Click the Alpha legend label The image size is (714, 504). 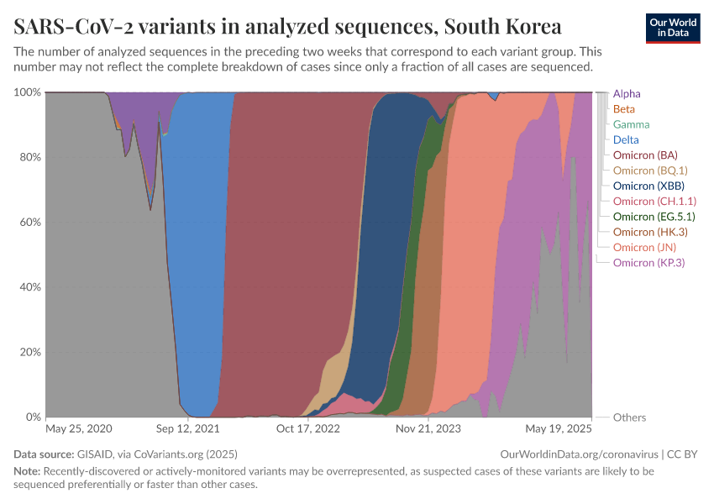click(627, 94)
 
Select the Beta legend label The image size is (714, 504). click(624, 109)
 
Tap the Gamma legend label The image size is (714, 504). click(631, 124)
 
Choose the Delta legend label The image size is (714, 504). click(626, 139)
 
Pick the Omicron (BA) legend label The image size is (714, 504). click(645, 155)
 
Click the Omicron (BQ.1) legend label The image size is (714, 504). click(649, 171)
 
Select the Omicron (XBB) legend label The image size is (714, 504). click(647, 186)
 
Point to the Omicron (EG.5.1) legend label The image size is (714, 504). click(654, 217)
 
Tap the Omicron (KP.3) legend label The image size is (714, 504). click(649, 263)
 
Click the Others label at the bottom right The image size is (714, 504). click(629, 417)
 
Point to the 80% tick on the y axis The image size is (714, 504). click(29, 157)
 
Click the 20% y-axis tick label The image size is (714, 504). click(29, 352)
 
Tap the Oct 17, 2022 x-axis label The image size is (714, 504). click(309, 428)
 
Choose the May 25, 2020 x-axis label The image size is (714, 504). click(79, 428)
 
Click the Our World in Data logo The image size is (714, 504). click(672, 28)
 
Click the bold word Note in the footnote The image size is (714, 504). click(26, 471)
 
